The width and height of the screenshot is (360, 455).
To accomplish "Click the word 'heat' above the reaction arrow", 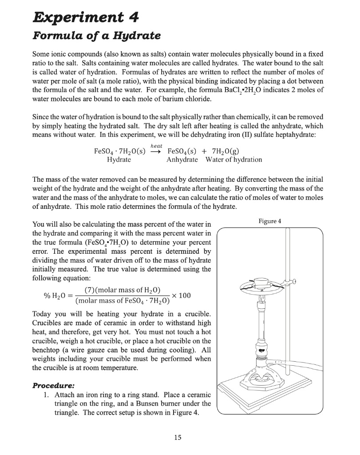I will (157, 145).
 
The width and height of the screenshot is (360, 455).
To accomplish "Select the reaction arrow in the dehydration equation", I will (157, 151).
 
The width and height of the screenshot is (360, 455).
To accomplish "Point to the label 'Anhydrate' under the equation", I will (182, 160).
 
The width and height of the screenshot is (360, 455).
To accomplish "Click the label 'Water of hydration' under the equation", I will (233, 160).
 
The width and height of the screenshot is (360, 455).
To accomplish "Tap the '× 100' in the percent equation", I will (182, 296).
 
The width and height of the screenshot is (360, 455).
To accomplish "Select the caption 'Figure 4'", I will (268, 221).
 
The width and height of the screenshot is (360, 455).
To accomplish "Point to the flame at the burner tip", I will (261, 295).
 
